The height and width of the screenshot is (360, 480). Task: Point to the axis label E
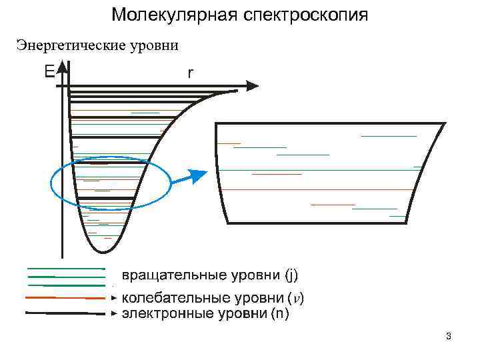point(49,71)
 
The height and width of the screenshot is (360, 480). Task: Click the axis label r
point(191,73)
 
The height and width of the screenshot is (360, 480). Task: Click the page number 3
point(449,336)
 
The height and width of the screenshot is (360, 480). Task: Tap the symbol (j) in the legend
point(291,275)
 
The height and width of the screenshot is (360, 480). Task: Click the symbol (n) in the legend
point(280,313)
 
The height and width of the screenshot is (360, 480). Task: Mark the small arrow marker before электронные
point(114,313)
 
